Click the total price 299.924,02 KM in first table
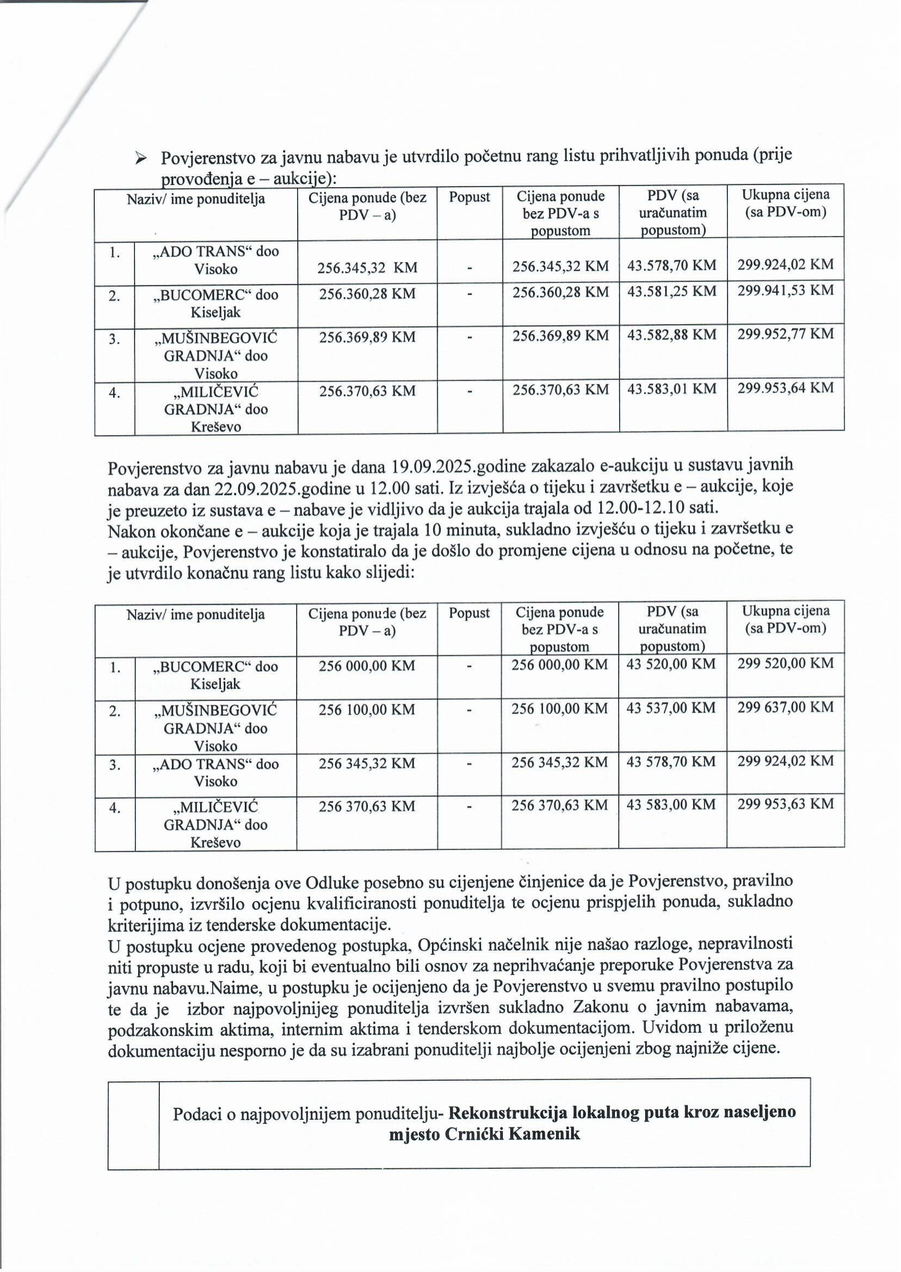tap(785, 264)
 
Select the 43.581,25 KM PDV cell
tap(672, 291)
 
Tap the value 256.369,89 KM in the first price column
tap(367, 337)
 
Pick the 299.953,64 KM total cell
tap(785, 388)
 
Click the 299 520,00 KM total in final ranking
tap(785, 663)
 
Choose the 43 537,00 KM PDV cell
tap(671, 708)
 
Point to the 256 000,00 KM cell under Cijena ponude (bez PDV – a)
tap(367, 666)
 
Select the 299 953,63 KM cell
tap(785, 803)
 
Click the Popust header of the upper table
tap(470, 197)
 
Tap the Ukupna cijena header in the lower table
tap(786, 619)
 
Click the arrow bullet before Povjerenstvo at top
tap(141, 159)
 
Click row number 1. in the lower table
tap(114, 667)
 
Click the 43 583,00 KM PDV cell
tap(671, 804)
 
